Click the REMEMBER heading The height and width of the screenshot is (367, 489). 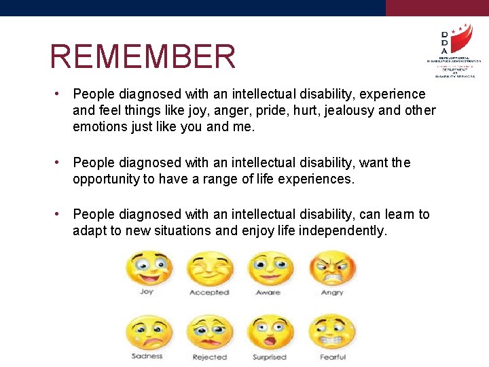143,56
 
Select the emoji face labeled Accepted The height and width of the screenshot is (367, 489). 209,269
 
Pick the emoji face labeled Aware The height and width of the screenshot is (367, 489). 270,269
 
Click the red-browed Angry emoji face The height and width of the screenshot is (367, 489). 332,269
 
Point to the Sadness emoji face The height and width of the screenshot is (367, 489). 147,332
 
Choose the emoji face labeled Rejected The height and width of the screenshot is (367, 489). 209,333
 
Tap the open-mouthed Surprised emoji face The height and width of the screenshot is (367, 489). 270,333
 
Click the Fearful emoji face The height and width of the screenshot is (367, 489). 331,332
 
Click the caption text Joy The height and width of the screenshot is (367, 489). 146,292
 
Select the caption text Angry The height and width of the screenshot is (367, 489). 332,293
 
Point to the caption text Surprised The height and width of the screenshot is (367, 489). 270,357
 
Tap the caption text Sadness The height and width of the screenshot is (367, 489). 147,356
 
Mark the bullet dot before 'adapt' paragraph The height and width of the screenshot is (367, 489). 60,214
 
